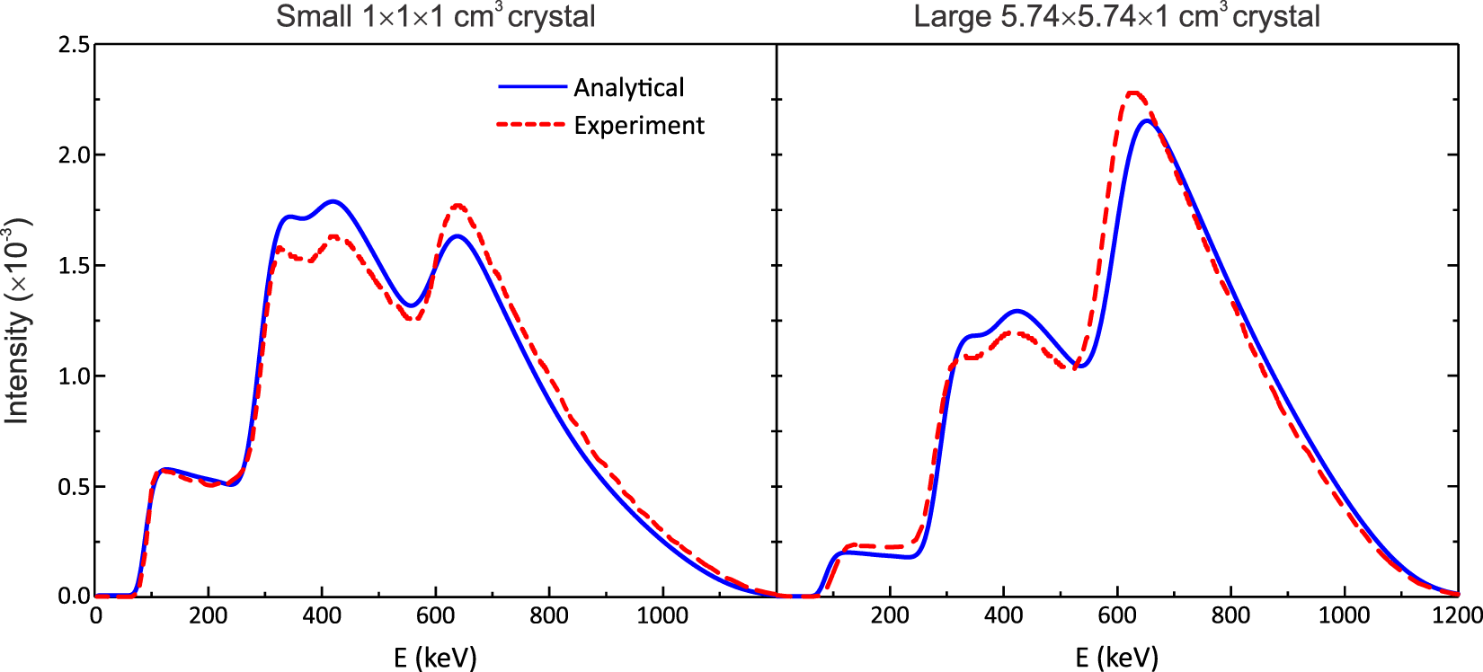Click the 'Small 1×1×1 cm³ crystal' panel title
[435, 17]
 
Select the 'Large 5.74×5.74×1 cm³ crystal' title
[1116, 17]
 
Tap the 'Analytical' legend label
[628, 88]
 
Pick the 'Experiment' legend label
[639, 126]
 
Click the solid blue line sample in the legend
[533, 87]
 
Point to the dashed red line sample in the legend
[531, 125]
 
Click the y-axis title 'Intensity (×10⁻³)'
[18, 321]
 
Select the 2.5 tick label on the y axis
[74, 45]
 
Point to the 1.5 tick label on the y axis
[74, 266]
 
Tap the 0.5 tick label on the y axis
[74, 487]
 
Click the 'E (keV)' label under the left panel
[435, 658]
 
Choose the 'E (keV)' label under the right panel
[1116, 658]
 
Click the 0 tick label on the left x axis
[96, 616]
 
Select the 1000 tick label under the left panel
[662, 616]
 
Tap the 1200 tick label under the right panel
[1456, 616]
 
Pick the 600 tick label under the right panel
[1117, 616]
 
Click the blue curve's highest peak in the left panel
[333, 201]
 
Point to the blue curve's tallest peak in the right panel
[1146, 120]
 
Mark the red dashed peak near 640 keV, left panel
[458, 206]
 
